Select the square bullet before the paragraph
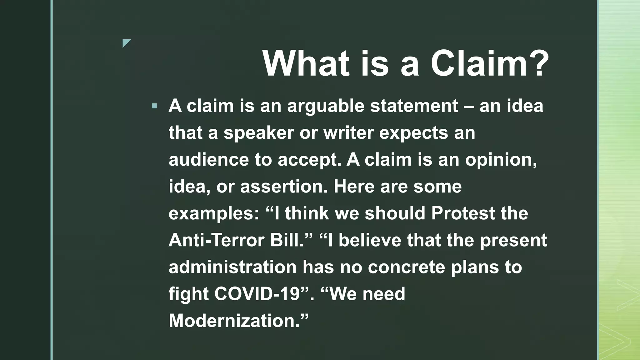pyautogui.click(x=154, y=106)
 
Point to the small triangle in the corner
pyautogui.click(x=126, y=43)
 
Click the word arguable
pyautogui.click(x=326, y=106)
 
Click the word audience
pyautogui.click(x=208, y=159)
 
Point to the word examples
pyautogui.click(x=214, y=214)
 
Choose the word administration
pyautogui.click(x=232, y=267)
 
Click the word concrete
pyautogui.click(x=406, y=267)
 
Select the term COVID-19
pyautogui.click(x=257, y=294)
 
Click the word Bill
pyautogui.click(x=286, y=240)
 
